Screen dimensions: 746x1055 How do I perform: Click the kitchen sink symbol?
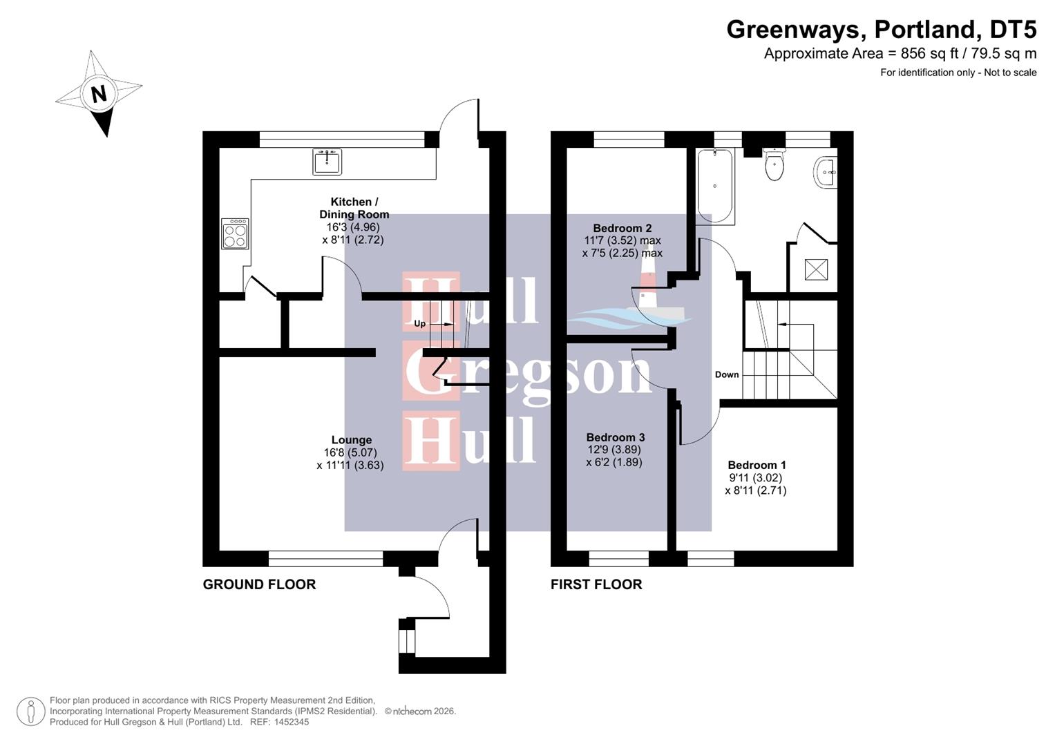pyautogui.click(x=327, y=162)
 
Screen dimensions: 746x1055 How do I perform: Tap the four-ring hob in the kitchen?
pyautogui.click(x=235, y=233)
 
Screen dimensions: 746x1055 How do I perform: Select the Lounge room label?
pyautogui.click(x=351, y=440)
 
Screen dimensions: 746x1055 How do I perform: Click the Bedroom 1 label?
pyautogui.click(x=757, y=465)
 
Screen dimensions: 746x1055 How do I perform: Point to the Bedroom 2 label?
pyautogui.click(x=622, y=228)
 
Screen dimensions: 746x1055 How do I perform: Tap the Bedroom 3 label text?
pyautogui.click(x=615, y=437)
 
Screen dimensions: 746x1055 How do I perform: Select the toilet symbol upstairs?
pyautogui.click(x=774, y=165)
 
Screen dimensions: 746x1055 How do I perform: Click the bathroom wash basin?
pyautogui.click(x=826, y=171)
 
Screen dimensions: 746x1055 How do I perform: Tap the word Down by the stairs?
pyautogui.click(x=726, y=374)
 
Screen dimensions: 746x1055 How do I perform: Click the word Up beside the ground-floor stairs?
pyautogui.click(x=419, y=323)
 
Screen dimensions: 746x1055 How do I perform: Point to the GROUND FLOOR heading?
pyautogui.click(x=259, y=584)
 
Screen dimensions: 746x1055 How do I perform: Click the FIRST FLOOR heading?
pyautogui.click(x=596, y=584)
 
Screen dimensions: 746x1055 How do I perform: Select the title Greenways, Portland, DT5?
pyautogui.click(x=881, y=29)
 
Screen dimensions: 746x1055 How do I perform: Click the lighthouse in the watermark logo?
pyautogui.click(x=648, y=290)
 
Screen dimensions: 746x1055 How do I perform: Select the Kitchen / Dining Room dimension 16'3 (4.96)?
pyautogui.click(x=353, y=227)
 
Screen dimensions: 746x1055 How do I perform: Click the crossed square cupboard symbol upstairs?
pyautogui.click(x=816, y=269)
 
